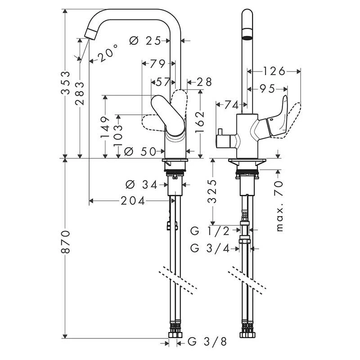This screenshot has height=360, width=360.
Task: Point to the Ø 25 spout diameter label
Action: pyautogui.click(x=145, y=40)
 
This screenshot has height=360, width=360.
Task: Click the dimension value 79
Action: pyautogui.click(x=157, y=64)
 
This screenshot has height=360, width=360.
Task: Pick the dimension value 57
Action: pyautogui.click(x=163, y=82)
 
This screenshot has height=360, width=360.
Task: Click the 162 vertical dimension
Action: pyautogui.click(x=201, y=121)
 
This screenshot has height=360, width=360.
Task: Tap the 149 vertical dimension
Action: pyautogui.click(x=105, y=126)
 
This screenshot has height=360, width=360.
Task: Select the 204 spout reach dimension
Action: pyautogui.click(x=133, y=201)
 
